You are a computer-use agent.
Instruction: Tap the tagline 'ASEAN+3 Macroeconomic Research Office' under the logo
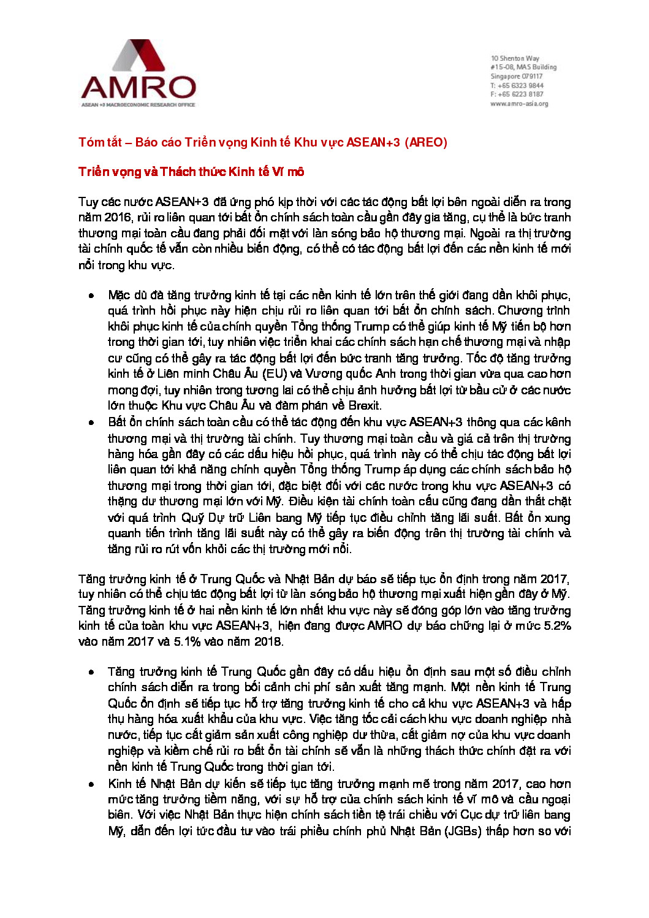coord(139,105)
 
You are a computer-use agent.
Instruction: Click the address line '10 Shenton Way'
coord(515,58)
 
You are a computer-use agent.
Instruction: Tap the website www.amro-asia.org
coord(519,104)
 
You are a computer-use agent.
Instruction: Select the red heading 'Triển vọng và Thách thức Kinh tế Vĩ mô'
coord(191,172)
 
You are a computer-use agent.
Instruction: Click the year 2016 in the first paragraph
coord(117,218)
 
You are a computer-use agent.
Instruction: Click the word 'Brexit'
coord(364,405)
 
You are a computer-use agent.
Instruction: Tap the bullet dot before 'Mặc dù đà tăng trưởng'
coord(91,296)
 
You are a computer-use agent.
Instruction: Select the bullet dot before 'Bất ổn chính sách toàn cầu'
coord(91,423)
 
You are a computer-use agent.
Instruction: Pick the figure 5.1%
coord(189,642)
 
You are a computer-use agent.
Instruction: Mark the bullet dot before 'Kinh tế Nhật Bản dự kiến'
coord(91,784)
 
